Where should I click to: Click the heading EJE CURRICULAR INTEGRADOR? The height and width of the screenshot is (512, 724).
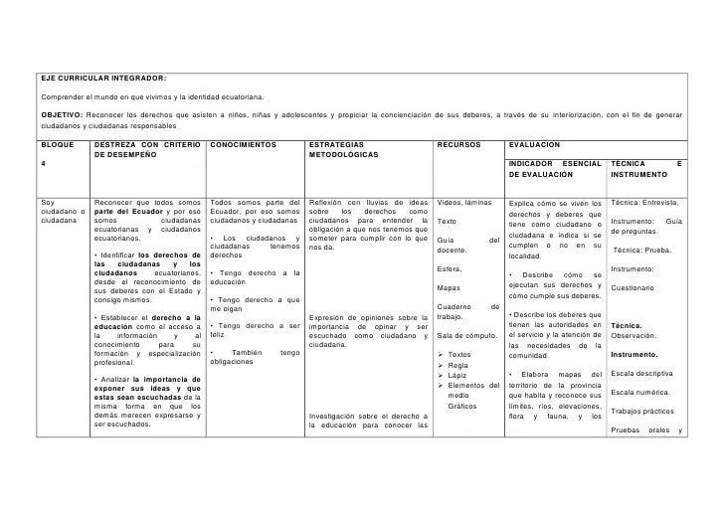[x=102, y=78]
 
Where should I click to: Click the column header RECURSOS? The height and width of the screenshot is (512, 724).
[x=459, y=144]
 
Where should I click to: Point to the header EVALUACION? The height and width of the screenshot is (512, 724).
[x=538, y=144]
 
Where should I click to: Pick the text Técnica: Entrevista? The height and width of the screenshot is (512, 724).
[x=643, y=203]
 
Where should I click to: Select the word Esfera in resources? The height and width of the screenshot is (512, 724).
[x=450, y=269]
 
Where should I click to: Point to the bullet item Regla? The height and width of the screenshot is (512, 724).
[x=457, y=365]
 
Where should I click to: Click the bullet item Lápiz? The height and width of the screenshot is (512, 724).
[x=457, y=376]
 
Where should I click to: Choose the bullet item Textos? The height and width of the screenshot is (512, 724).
[x=459, y=354]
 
